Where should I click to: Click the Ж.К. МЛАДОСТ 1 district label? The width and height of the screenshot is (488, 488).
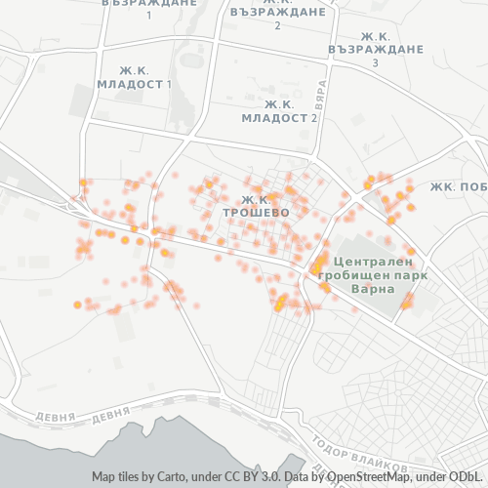(134, 77)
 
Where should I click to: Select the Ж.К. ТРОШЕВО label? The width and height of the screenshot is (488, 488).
(256, 204)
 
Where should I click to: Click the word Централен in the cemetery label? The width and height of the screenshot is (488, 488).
(372, 262)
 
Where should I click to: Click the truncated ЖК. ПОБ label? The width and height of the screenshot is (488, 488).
(458, 185)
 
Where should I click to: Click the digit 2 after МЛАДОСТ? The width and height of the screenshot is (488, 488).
(314, 117)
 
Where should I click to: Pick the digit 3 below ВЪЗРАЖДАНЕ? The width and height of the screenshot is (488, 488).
(376, 62)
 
